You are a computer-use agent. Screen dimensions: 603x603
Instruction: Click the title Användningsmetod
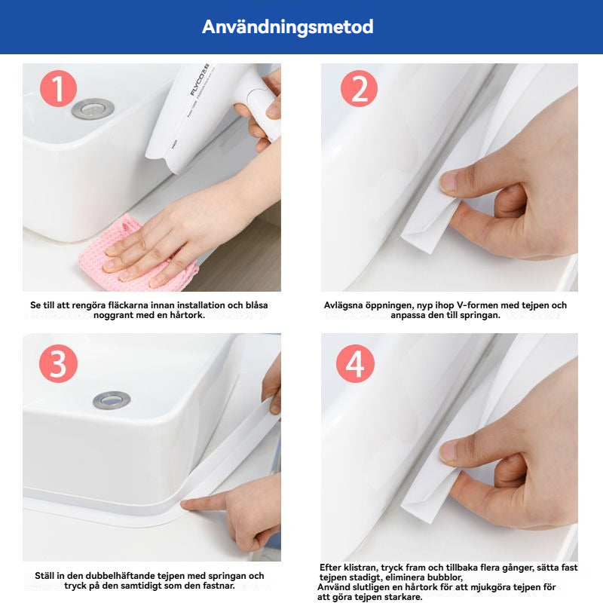click(288, 27)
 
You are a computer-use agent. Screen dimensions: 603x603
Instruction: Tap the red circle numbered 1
click(58, 88)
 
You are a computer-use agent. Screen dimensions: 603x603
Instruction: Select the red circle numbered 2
click(359, 88)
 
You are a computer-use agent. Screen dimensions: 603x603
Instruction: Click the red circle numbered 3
click(59, 363)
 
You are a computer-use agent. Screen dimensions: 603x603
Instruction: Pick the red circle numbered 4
click(355, 363)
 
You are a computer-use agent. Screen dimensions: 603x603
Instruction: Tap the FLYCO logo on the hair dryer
click(199, 80)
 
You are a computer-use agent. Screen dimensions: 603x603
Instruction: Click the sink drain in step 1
click(93, 109)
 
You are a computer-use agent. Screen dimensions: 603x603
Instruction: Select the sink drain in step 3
click(112, 400)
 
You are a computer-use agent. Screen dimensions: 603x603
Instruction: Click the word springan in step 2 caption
click(483, 315)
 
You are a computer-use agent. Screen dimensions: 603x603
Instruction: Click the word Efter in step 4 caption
click(330, 568)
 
